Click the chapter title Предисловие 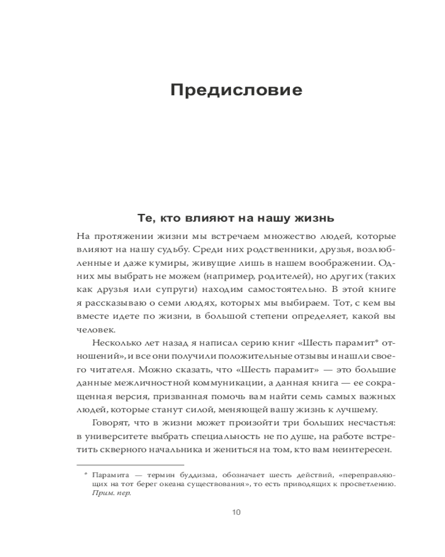[236, 90]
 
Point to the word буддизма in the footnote [197, 475]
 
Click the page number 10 [236, 512]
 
